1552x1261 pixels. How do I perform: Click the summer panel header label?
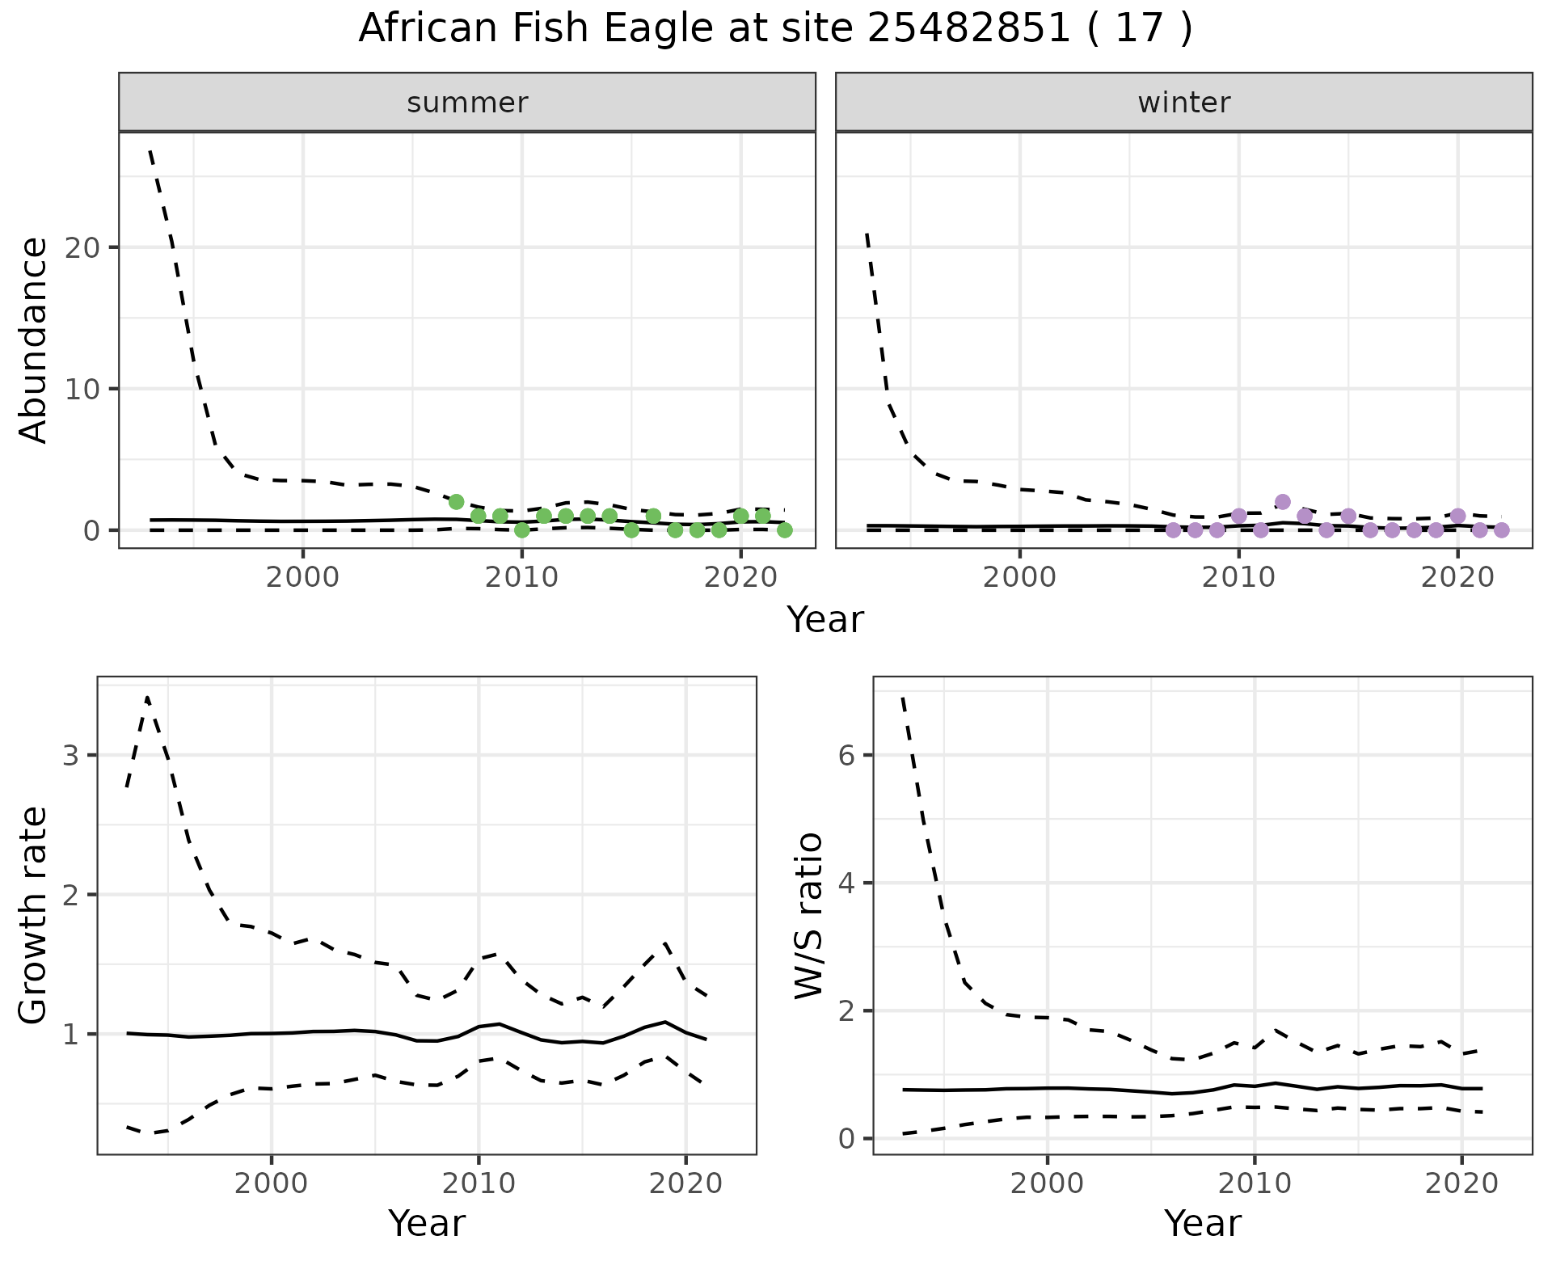(x=467, y=103)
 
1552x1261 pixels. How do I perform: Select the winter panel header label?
(x=1183, y=103)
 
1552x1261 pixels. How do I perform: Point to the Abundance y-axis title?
(x=34, y=340)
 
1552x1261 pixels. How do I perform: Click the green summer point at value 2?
(x=456, y=502)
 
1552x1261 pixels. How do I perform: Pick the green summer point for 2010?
(x=522, y=530)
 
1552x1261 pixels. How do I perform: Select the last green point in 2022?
(x=784, y=530)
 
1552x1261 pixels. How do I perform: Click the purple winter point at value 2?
(x=1283, y=502)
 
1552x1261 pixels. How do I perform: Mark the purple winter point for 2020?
(x=1457, y=516)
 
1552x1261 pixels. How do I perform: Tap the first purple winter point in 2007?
(x=1173, y=530)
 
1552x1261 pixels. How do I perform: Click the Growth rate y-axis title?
(x=34, y=916)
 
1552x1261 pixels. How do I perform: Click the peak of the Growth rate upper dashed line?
(x=147, y=697)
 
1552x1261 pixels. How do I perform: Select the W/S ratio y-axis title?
(x=808, y=916)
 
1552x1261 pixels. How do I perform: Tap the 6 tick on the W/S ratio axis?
(x=846, y=756)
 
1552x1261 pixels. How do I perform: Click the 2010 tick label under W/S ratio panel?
(x=1254, y=1184)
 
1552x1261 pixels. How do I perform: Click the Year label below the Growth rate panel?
(x=427, y=1223)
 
